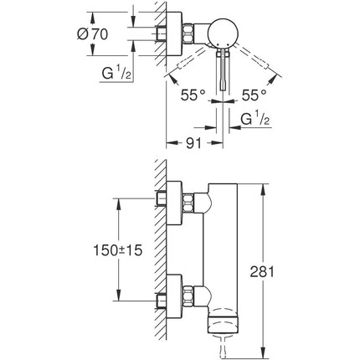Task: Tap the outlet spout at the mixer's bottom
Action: coord(222,331)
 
